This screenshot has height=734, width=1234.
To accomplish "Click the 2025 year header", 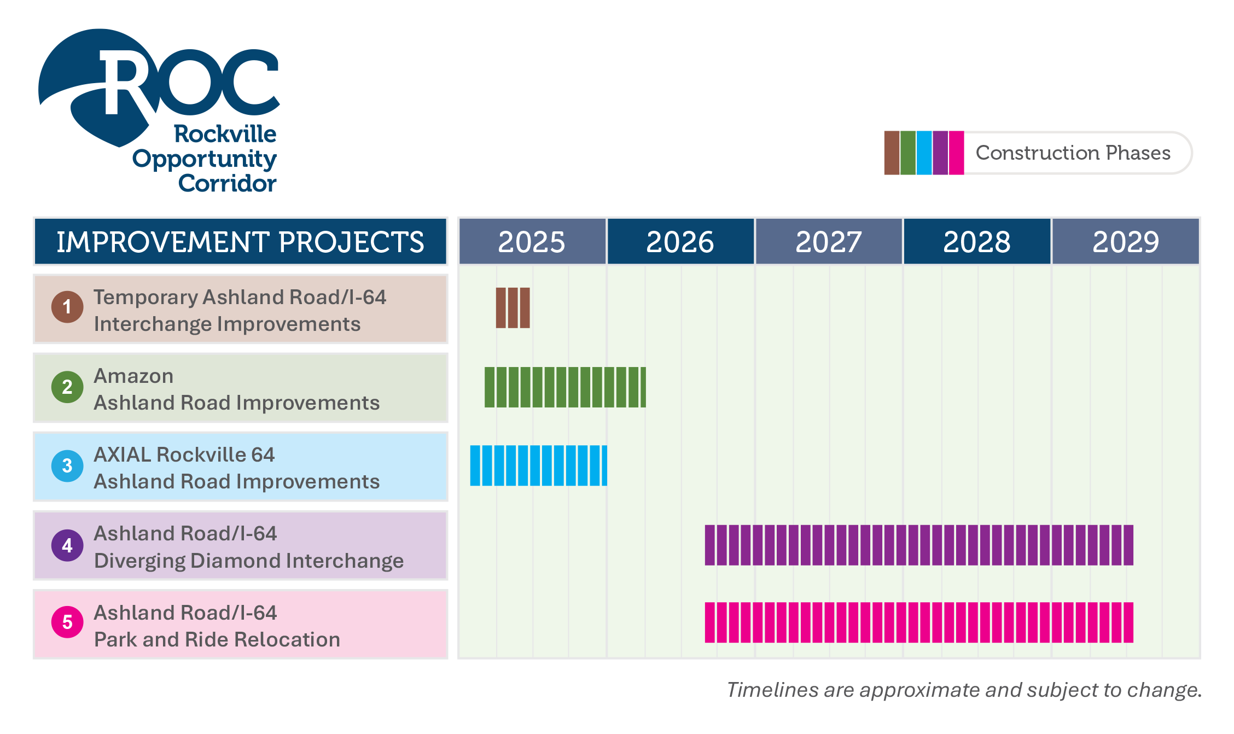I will click(532, 242).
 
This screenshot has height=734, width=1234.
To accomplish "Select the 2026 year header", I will click(680, 242).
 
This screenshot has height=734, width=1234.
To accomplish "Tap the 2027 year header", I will click(828, 242).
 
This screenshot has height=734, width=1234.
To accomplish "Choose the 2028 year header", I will click(977, 242).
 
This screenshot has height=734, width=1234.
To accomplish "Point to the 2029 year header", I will click(1126, 242).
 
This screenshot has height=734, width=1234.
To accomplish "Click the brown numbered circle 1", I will click(67, 307).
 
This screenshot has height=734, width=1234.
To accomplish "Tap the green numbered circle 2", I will click(67, 387).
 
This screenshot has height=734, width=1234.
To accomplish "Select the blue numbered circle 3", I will click(67, 466).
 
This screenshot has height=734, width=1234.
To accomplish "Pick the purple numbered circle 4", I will click(67, 545).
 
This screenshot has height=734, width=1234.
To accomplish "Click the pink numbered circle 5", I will click(67, 622).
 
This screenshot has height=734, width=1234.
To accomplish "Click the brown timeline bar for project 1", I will click(513, 308).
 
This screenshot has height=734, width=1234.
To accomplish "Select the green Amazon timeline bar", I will click(565, 387).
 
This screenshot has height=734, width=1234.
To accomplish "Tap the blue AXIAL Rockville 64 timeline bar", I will click(538, 465).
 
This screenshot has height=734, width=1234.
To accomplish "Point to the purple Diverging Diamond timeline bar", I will click(919, 545).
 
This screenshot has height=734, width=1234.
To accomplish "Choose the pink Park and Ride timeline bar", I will click(919, 622).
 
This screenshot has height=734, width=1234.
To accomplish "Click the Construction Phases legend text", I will click(1073, 153).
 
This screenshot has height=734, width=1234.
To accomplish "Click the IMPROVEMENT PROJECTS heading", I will click(240, 242).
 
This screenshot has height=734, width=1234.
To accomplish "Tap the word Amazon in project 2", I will click(133, 376).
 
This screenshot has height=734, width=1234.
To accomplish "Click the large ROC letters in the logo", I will click(189, 82).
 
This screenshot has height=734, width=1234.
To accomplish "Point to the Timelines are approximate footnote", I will click(963, 690).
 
